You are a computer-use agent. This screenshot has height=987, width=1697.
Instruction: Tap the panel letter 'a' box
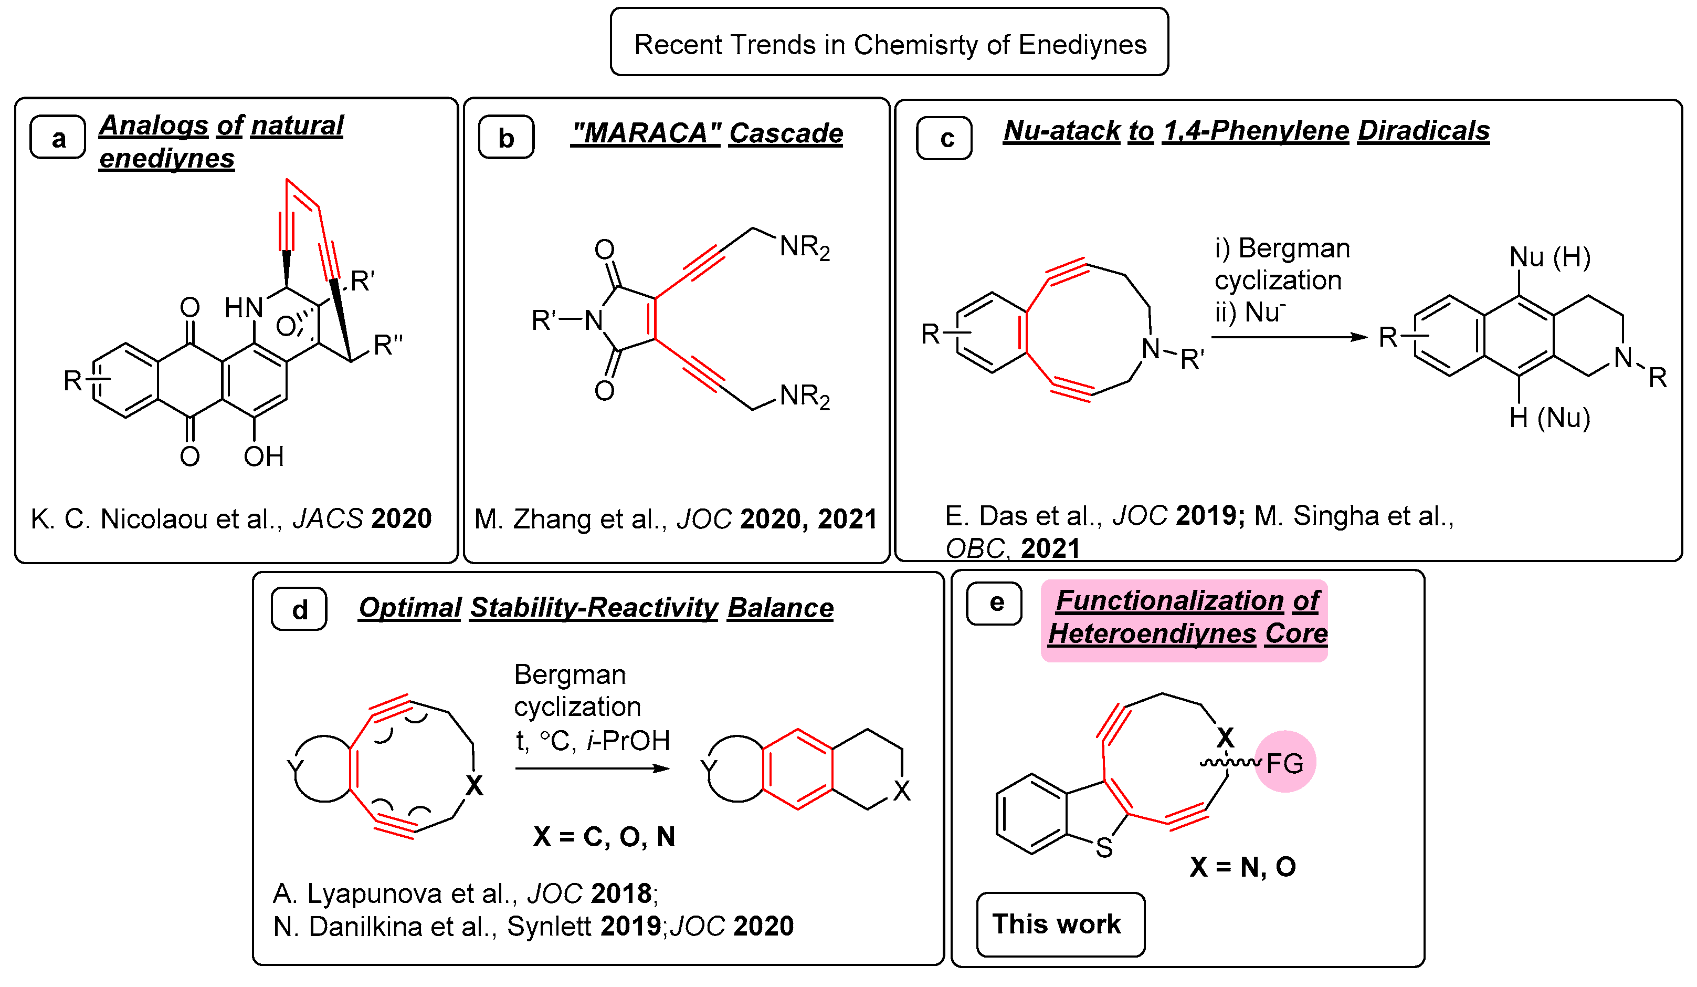58,138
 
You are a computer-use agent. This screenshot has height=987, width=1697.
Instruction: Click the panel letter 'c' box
944,138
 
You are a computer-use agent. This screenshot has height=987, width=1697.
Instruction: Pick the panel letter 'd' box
299,609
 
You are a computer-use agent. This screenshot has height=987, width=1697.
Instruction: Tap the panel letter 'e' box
995,604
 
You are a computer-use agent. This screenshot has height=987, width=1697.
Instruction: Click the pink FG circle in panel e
1285,762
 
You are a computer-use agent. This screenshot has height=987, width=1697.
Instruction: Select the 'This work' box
1061,923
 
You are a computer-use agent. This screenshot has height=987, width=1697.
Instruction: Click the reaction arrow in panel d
593,768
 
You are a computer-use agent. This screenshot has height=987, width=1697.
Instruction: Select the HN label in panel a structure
244,308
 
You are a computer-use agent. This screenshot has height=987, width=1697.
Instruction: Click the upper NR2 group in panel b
804,247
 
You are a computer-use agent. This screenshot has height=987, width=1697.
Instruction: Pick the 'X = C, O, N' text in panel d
604,837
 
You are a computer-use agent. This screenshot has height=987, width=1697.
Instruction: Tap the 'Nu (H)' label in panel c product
1550,257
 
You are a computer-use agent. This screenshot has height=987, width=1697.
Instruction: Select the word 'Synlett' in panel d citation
549,927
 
